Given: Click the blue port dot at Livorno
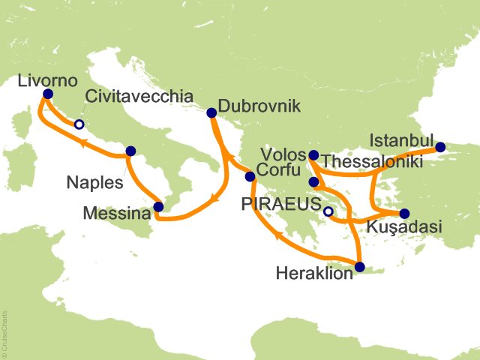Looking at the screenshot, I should click(x=48, y=94).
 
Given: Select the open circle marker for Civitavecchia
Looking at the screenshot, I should click(x=78, y=125).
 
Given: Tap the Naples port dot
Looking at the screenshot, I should click(x=131, y=151).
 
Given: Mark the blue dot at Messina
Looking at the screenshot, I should click(x=158, y=207).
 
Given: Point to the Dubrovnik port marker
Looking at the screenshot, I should click(x=211, y=113).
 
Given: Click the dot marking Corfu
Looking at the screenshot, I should click(x=250, y=177).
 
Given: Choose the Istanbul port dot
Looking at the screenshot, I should click(x=440, y=147).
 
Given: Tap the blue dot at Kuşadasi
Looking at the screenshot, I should click(x=405, y=213).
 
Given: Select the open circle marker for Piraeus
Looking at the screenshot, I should click(x=328, y=212).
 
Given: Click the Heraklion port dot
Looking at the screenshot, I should click(x=360, y=267).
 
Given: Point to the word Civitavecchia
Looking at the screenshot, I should click(x=139, y=96).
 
